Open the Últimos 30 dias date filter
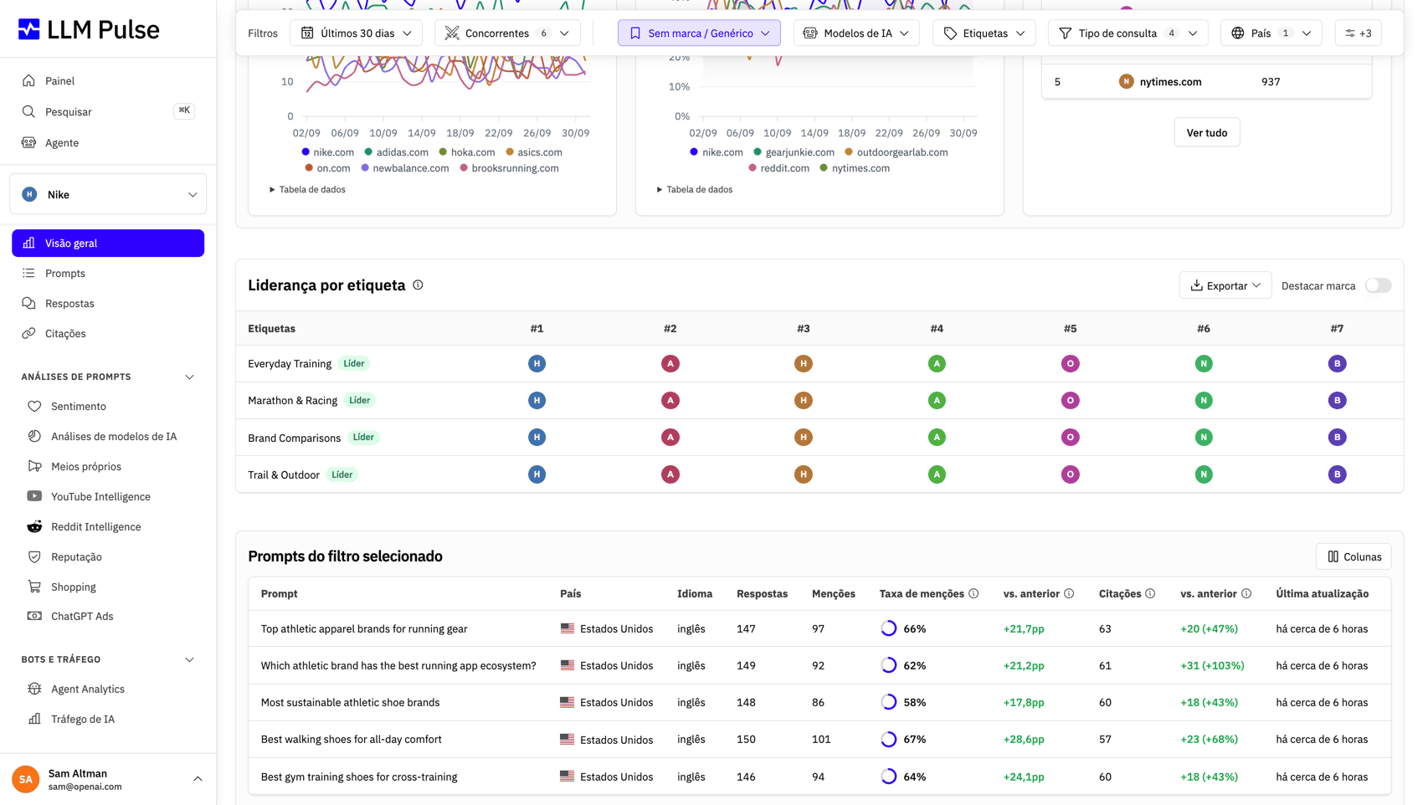point(356,33)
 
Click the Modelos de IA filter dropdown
point(855,33)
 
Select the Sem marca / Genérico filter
point(699,33)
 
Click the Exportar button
point(1225,285)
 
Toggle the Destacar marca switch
point(1378,285)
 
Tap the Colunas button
point(1354,556)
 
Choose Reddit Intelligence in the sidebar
point(96,526)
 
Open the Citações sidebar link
point(64,333)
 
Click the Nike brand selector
point(108,194)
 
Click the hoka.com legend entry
point(467,152)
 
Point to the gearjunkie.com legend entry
point(794,152)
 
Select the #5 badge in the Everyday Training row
point(1070,364)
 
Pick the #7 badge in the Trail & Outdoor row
point(1337,474)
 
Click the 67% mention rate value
point(914,740)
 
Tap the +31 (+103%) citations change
point(1212,666)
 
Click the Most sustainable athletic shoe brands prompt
point(350,703)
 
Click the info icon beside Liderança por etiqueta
point(418,285)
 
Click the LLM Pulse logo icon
point(28,29)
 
